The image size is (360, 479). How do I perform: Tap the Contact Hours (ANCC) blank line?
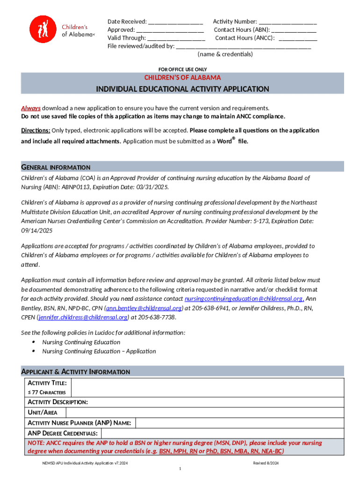click(297, 38)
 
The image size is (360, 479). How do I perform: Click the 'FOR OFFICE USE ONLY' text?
click(182, 69)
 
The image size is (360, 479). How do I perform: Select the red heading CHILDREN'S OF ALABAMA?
click(182, 77)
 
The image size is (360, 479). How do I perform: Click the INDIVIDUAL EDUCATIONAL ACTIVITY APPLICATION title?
click(182, 89)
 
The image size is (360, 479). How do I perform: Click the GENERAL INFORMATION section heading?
click(56, 167)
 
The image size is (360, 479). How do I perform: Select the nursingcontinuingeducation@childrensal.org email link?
click(244, 298)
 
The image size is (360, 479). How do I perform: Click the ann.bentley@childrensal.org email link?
click(144, 308)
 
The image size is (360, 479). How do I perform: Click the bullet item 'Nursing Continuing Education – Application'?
click(99, 351)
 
